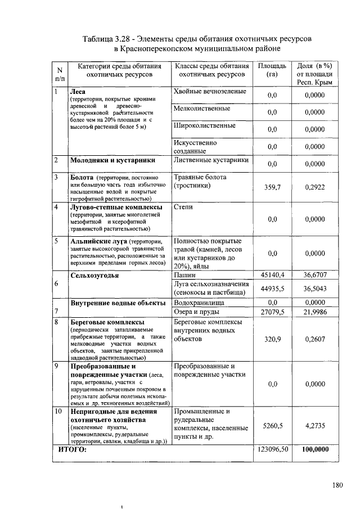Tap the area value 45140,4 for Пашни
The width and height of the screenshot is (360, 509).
point(273,275)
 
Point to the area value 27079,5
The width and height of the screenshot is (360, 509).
point(273,312)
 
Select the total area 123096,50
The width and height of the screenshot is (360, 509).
point(273,450)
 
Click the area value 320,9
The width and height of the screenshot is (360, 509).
point(273,339)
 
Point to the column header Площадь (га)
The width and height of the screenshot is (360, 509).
point(273,70)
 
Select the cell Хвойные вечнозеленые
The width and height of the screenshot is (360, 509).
point(210,91)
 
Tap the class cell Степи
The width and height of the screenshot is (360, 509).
point(183,207)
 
